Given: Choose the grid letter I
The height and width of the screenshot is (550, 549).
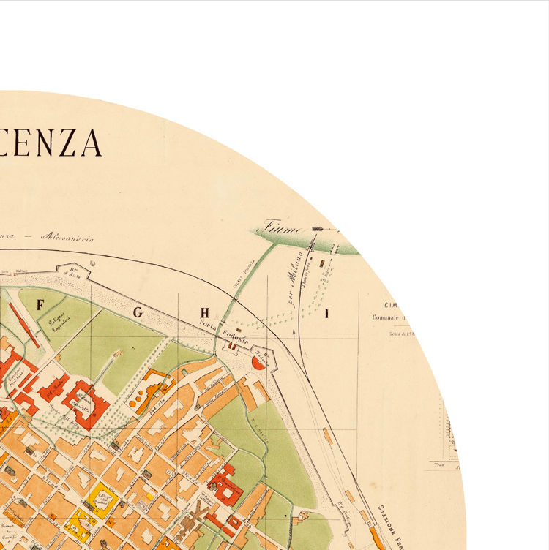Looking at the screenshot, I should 327,314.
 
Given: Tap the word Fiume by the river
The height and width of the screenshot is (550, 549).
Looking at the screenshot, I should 283,227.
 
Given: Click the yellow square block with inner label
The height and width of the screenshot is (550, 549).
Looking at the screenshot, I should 103,500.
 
